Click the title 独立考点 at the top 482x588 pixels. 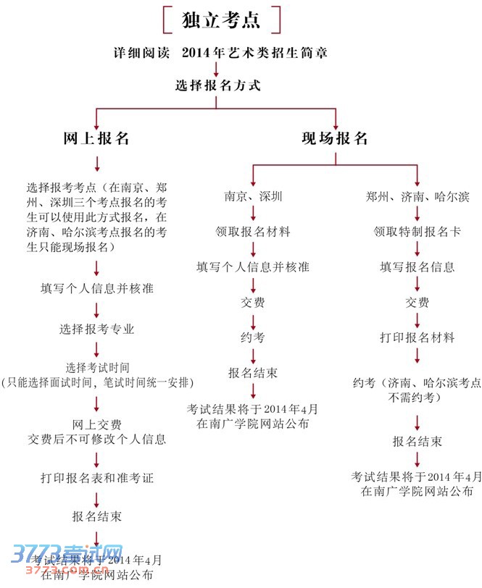[221, 20]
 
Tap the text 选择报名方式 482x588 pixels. [218, 85]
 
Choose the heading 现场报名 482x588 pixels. [335, 138]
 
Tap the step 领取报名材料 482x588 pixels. [253, 232]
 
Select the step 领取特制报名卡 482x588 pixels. [417, 232]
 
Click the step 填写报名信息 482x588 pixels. [417, 267]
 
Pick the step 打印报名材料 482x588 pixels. [417, 337]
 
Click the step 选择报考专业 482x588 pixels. [97, 329]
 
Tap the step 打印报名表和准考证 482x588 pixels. [97, 479]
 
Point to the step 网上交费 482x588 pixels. [97, 424]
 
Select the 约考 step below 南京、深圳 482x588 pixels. [253, 337]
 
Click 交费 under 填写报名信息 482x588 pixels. [417, 302]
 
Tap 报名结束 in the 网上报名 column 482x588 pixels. [97, 517]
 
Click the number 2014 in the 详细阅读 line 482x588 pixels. [196, 53]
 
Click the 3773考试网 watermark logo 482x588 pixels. [65, 558]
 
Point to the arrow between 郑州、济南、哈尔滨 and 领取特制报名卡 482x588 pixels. [417, 214]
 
